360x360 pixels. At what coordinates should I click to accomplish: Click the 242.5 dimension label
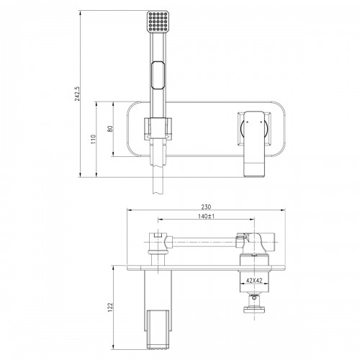point(77,94)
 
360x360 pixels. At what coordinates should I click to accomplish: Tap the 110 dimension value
point(94,139)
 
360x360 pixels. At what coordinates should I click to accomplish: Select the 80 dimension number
point(110,129)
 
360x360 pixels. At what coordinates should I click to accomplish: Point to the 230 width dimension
point(206,207)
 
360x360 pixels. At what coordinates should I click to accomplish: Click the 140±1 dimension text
point(206,216)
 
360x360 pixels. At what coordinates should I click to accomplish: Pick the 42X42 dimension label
point(254,280)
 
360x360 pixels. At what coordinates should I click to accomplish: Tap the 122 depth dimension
point(110,307)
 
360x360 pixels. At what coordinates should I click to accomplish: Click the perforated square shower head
point(158,21)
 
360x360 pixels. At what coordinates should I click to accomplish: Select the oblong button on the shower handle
point(158,76)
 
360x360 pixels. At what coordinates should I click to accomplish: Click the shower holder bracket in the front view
point(158,129)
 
